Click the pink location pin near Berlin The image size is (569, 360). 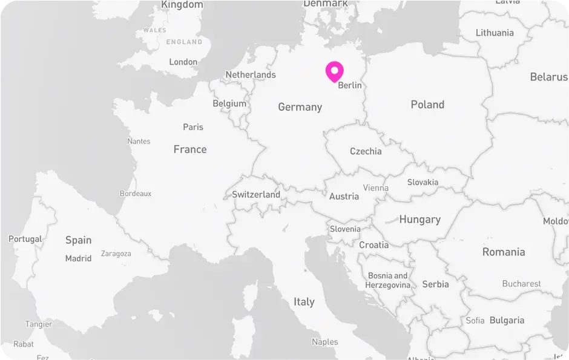(x=334, y=71)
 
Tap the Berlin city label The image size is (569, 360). (x=350, y=85)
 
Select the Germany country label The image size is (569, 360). (x=300, y=107)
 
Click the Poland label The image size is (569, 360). (x=427, y=105)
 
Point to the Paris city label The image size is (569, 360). (x=193, y=127)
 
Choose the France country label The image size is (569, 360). (x=190, y=149)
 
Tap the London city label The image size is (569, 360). (x=183, y=62)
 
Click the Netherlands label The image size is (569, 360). (x=251, y=75)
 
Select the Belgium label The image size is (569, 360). (x=229, y=103)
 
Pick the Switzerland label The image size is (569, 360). (x=256, y=195)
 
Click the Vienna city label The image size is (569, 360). (x=376, y=188)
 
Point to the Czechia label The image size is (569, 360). (x=366, y=151)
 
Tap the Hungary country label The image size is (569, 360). (x=419, y=220)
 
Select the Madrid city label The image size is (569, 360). (x=78, y=258)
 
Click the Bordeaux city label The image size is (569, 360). (x=136, y=194)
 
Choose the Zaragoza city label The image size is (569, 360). (x=116, y=254)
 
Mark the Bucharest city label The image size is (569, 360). (x=521, y=283)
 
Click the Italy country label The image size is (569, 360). (x=304, y=301)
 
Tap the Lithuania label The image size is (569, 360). (x=495, y=33)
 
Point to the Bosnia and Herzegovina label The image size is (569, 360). (x=388, y=280)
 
